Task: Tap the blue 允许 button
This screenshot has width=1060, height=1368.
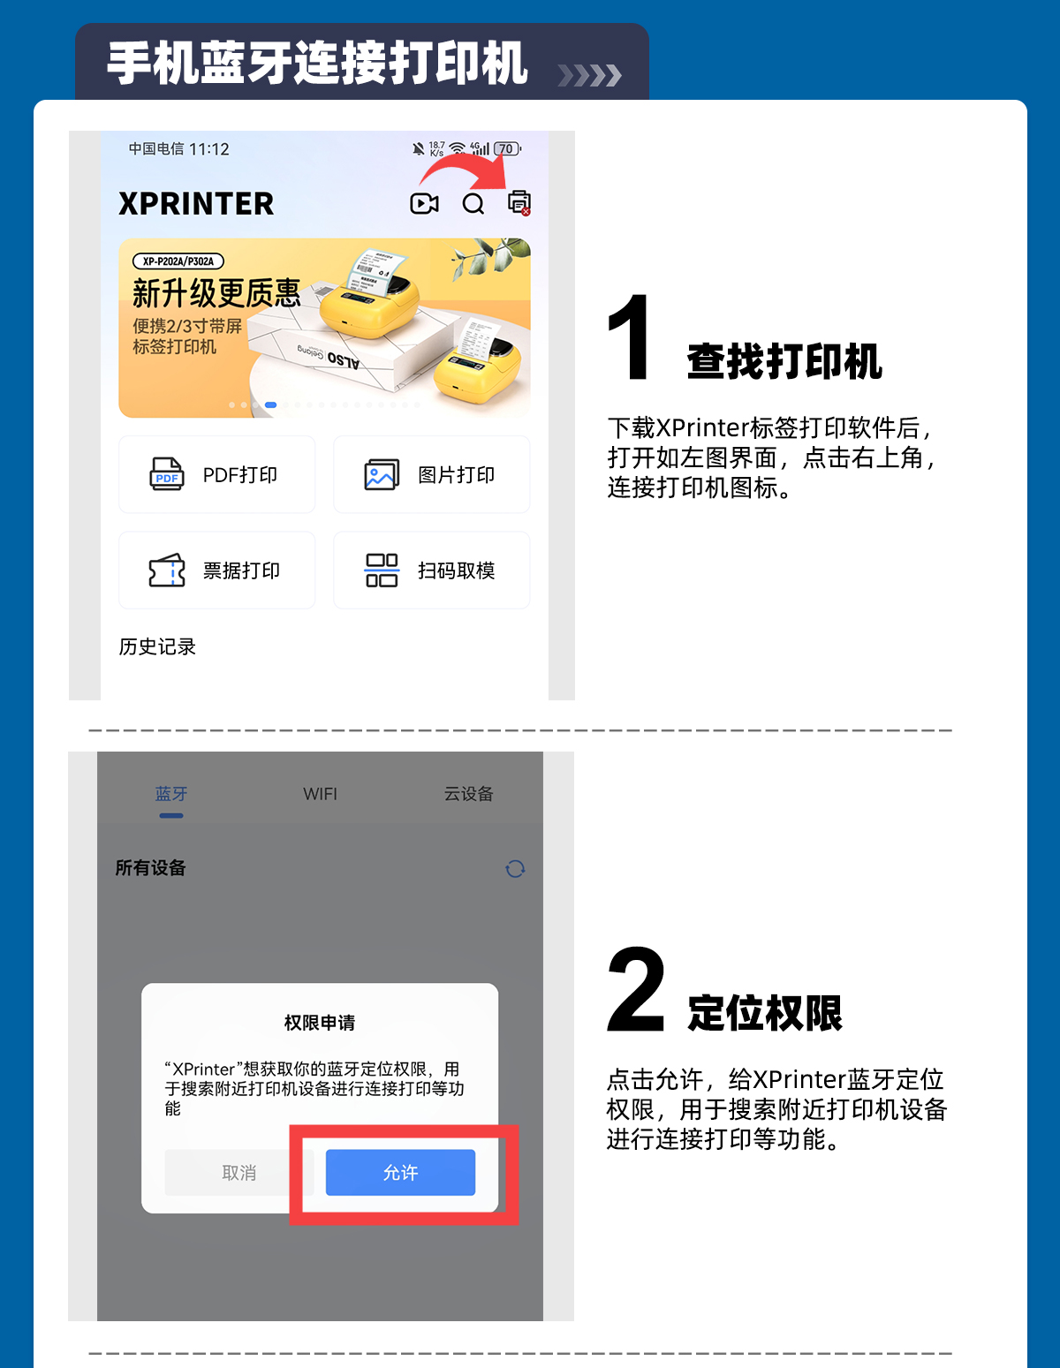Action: click(x=400, y=1172)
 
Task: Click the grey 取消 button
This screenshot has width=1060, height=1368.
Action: click(x=239, y=1172)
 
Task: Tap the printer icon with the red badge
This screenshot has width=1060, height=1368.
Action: click(x=519, y=203)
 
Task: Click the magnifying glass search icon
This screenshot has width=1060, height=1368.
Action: click(x=473, y=203)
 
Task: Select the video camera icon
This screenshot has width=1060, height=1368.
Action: click(x=424, y=203)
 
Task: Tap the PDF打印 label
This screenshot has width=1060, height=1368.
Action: click(x=239, y=474)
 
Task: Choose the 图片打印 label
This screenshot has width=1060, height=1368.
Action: click(x=457, y=474)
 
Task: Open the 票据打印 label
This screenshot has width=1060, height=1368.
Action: click(x=241, y=571)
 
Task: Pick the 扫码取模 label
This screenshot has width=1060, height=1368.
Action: click(x=457, y=571)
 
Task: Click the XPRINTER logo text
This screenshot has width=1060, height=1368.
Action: click(x=196, y=203)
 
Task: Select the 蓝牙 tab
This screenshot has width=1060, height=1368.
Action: click(x=171, y=793)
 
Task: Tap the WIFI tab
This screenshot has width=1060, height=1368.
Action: click(x=320, y=794)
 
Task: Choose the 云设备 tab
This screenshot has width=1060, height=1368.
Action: click(x=468, y=793)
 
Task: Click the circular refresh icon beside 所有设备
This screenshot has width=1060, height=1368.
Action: click(x=515, y=869)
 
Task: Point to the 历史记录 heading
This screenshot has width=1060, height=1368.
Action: click(x=157, y=646)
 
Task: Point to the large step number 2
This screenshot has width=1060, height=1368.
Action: click(x=636, y=989)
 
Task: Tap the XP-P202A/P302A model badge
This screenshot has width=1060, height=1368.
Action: click(x=178, y=261)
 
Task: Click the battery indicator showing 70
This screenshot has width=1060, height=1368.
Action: click(x=507, y=148)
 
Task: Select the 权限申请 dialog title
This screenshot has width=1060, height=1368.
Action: click(x=320, y=1023)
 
